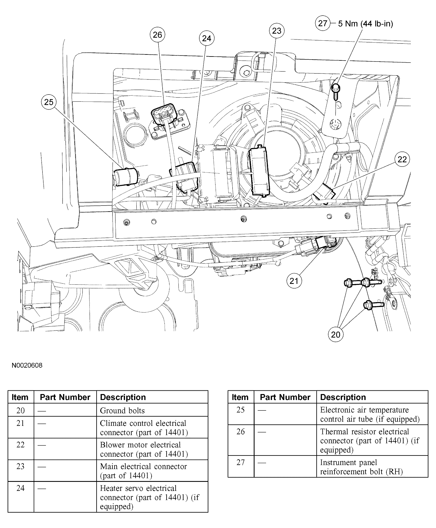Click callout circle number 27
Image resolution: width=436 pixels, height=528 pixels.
pyautogui.click(x=322, y=23)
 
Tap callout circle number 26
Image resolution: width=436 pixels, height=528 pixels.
pyautogui.click(x=157, y=35)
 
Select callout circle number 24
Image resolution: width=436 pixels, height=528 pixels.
pyautogui.click(x=207, y=38)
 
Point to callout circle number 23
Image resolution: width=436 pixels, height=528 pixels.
pyautogui.click(x=277, y=31)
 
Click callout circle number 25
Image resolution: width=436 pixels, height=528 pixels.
pyautogui.click(x=49, y=102)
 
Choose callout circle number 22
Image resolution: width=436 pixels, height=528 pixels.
pyautogui.click(x=402, y=159)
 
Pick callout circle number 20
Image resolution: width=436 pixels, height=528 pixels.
pyautogui.click(x=336, y=335)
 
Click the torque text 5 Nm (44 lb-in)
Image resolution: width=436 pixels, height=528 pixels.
pyautogui.click(x=365, y=24)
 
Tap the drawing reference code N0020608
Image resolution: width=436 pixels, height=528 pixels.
pyautogui.click(x=27, y=365)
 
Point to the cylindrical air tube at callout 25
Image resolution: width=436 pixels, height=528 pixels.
pyautogui.click(x=126, y=177)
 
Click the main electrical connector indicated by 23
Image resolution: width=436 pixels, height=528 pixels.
pyautogui.click(x=259, y=171)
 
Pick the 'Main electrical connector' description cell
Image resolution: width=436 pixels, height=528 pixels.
pyautogui.click(x=152, y=471)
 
